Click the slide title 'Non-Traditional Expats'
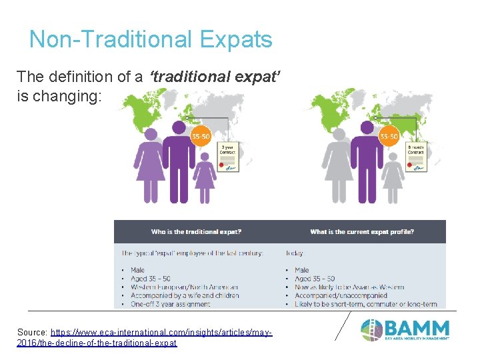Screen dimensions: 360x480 (x=151, y=39)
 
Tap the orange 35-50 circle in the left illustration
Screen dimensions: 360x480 (x=201, y=137)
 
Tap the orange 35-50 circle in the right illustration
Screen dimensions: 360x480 (x=389, y=137)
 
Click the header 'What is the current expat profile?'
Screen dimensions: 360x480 (x=361, y=232)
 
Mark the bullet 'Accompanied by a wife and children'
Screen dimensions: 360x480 (x=185, y=295)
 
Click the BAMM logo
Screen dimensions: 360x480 (x=405, y=330)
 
